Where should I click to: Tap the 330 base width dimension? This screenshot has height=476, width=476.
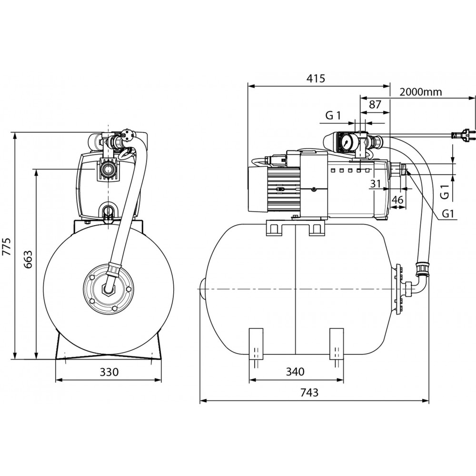(x=109, y=372)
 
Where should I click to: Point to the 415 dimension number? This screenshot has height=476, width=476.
(x=316, y=79)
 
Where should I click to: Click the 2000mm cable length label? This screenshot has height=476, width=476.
(x=421, y=92)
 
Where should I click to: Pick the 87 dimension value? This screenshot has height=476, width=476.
(x=375, y=105)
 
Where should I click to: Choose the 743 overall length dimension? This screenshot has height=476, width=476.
(x=309, y=393)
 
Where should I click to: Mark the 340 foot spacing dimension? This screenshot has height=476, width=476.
(x=295, y=372)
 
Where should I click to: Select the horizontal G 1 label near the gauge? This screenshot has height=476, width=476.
(x=333, y=115)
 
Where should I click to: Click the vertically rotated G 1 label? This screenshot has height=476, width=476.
(x=444, y=192)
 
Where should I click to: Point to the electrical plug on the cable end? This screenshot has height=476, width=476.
(x=464, y=136)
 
